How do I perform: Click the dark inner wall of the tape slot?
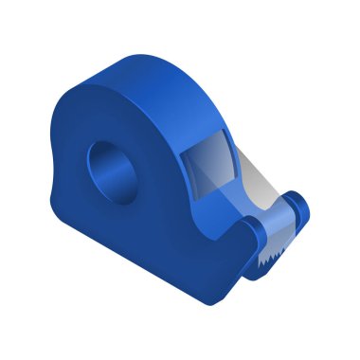pyautogui.click(x=189, y=171)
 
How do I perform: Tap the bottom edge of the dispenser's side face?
pyautogui.click(x=142, y=275)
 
